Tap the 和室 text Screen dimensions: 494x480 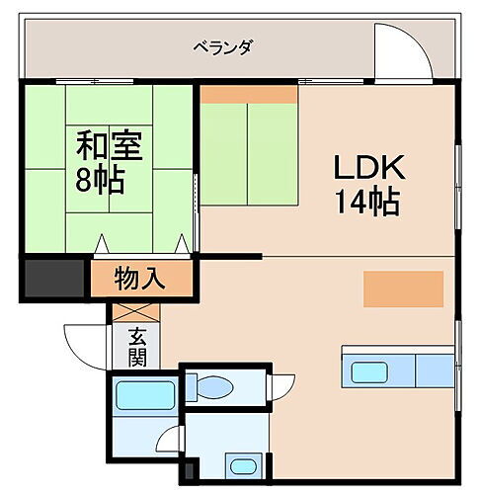pos(111,146)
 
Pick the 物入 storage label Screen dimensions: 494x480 pos(139,278)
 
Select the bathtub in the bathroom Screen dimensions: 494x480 pos(144,395)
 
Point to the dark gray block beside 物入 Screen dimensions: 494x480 pos(53,278)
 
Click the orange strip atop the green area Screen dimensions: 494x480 pos(249,94)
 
